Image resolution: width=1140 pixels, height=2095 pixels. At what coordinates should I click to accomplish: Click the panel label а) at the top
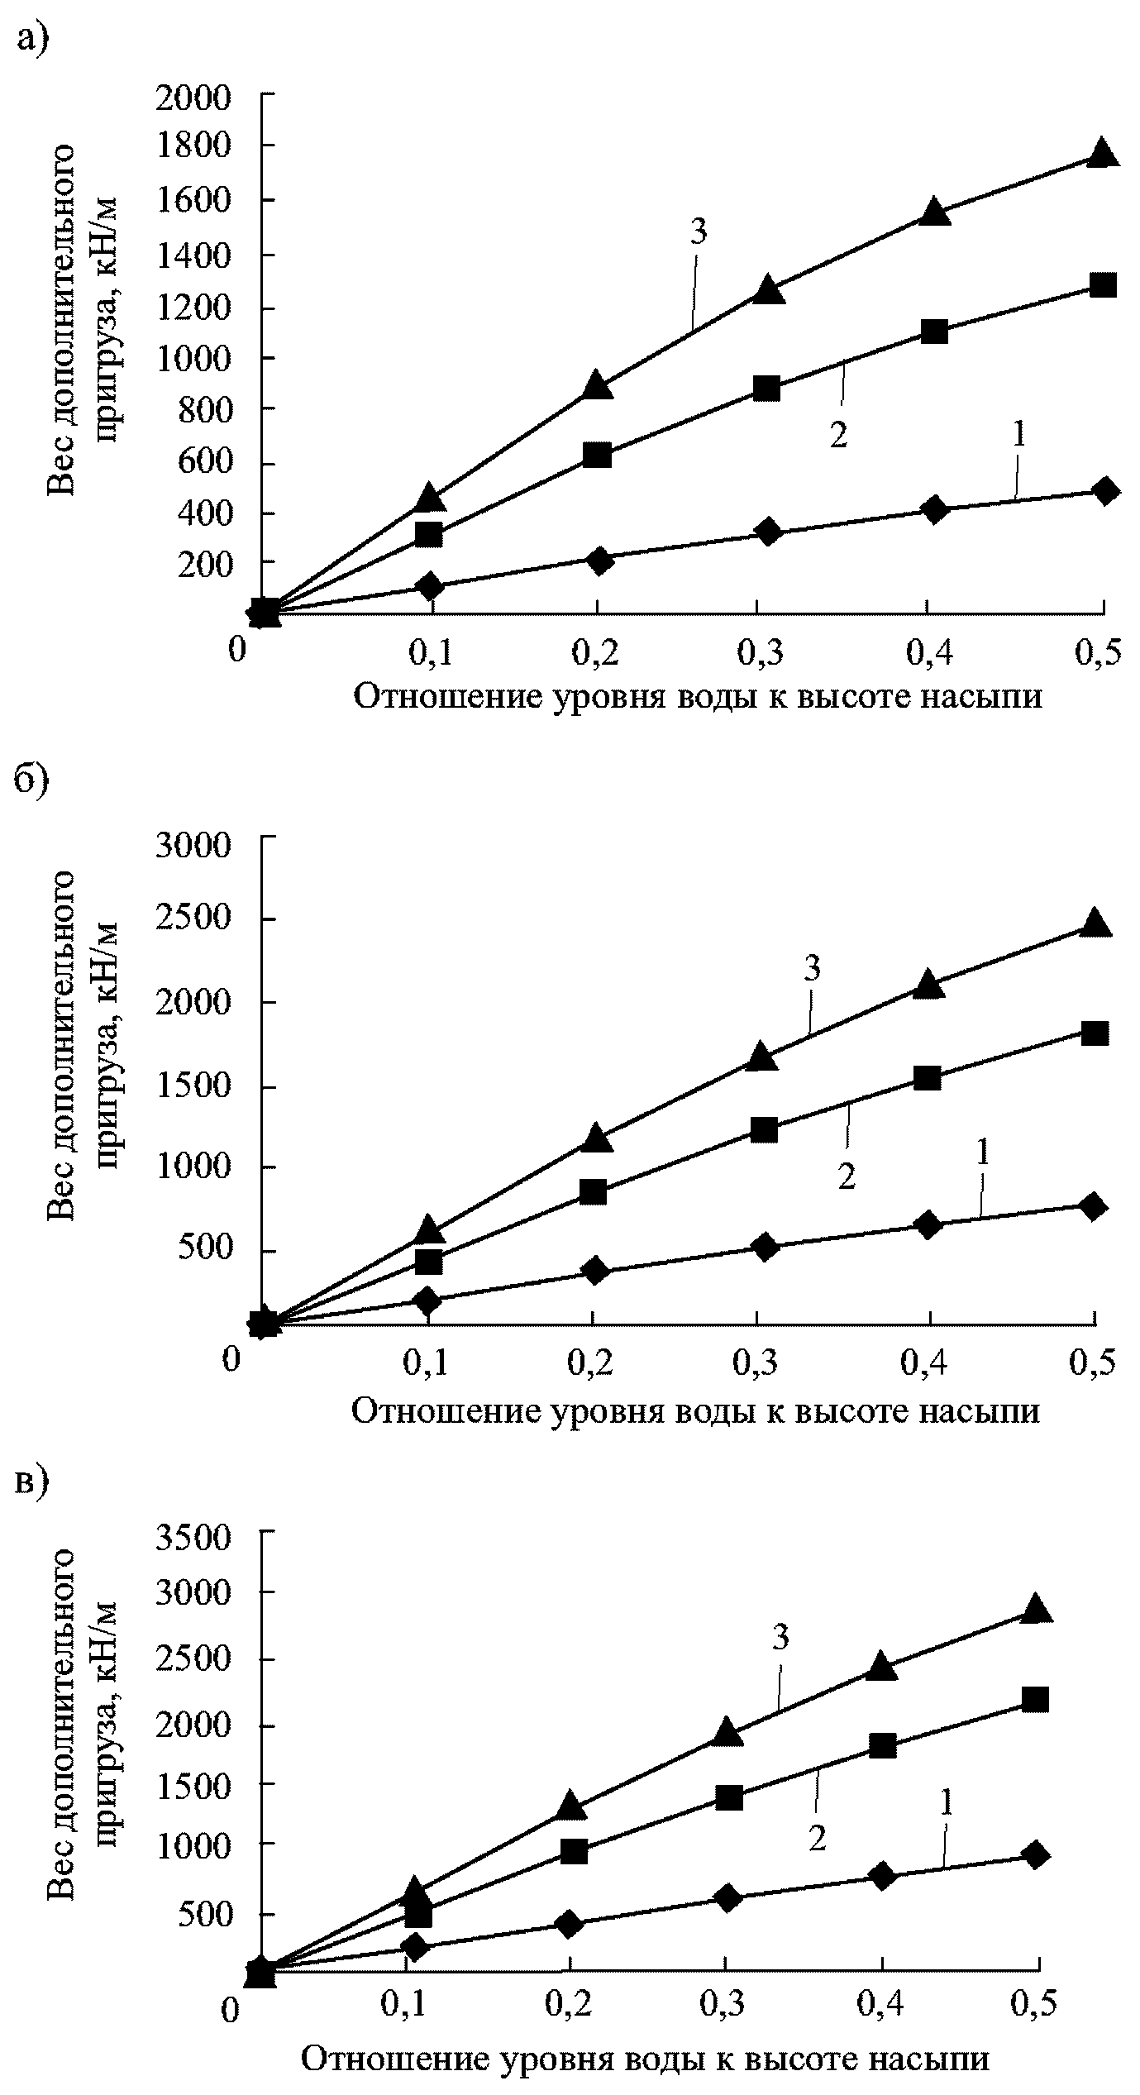[x=33, y=38]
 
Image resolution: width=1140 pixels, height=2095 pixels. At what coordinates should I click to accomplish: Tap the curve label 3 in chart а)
[x=699, y=232]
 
